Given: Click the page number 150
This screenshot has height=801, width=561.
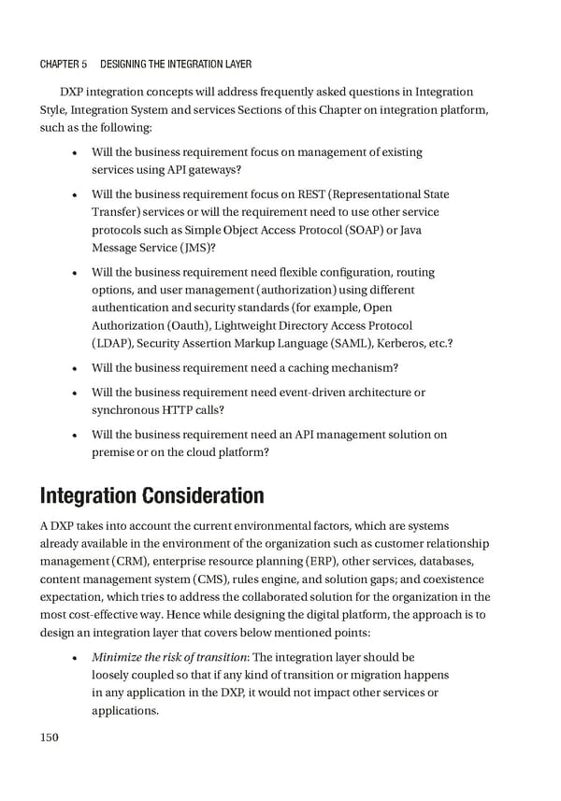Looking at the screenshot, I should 50,737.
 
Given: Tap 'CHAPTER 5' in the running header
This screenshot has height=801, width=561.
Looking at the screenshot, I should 63,64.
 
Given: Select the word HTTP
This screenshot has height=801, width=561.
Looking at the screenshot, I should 179,410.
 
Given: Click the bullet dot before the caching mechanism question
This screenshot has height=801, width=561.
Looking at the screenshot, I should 74,368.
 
